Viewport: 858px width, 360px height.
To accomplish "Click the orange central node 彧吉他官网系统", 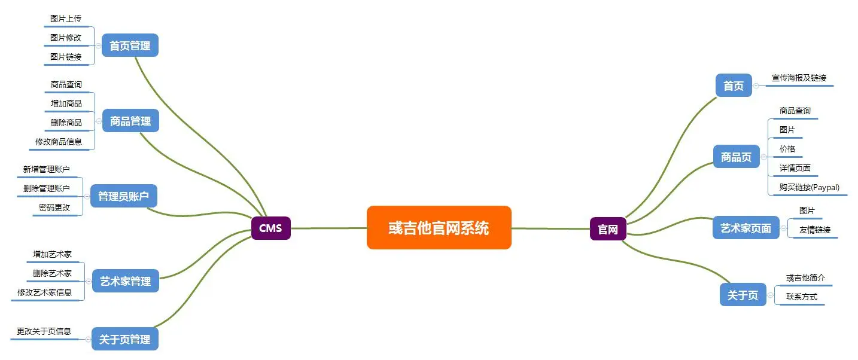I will pos(439,228).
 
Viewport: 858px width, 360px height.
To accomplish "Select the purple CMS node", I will pos(270,228).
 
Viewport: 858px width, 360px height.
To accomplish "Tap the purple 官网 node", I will pos(608,229).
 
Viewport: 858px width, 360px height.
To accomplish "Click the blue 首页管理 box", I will pos(130,45).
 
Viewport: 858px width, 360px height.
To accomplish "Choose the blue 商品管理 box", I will pos(130,121).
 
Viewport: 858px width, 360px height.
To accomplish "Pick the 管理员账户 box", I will pos(123,196).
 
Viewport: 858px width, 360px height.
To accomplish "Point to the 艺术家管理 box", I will pos(126,281).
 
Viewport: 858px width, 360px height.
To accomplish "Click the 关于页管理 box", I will pos(125,339).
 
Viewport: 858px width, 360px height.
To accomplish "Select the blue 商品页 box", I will pos(736,157).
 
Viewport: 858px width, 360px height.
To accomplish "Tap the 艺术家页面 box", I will pos(746,228).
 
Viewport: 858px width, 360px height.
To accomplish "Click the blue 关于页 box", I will pos(743,295).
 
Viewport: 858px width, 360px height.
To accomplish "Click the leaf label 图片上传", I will pos(66,19).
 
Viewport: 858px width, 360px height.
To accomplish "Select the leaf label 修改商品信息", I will pos(59,142).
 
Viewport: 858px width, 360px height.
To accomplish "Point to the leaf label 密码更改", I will pos(54,208).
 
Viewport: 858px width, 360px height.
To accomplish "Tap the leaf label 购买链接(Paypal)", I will pos(809,188).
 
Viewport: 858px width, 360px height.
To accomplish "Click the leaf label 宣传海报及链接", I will pos(799,78).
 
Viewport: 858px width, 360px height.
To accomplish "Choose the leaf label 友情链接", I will pos(815,230).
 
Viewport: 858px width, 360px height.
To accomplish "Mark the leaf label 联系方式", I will pos(802,297).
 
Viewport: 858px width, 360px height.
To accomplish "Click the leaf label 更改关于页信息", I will pos(44,331).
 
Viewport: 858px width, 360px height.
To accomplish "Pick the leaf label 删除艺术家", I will pos(52,273).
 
